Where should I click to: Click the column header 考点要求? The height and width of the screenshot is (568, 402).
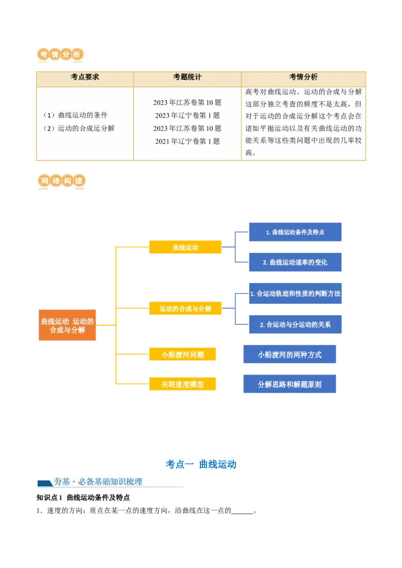(x=85, y=77)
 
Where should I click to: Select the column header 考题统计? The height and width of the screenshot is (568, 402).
(x=187, y=77)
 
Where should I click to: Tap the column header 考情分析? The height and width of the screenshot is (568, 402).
(x=304, y=77)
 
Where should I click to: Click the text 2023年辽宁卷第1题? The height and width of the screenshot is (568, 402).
(x=187, y=115)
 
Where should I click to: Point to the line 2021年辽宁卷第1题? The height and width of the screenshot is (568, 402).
(x=187, y=141)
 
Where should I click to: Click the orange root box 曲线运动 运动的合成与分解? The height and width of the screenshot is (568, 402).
(x=67, y=326)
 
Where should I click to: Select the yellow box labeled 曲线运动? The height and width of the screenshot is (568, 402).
(x=185, y=247)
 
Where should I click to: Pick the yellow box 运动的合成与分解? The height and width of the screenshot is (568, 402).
(x=185, y=309)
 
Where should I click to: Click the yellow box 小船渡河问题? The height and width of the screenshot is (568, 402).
(x=182, y=355)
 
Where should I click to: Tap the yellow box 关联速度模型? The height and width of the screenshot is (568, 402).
(x=182, y=384)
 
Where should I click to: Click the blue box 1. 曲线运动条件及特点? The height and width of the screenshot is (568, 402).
(x=295, y=232)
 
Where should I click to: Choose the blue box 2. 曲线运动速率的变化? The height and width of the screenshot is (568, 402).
(x=295, y=262)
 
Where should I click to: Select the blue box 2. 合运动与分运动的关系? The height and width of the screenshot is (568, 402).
(x=295, y=325)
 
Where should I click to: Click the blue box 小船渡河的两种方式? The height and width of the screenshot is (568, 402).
(x=289, y=355)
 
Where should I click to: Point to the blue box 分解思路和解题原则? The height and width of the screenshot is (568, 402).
(x=289, y=385)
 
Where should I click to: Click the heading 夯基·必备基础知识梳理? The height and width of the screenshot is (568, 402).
(x=98, y=482)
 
